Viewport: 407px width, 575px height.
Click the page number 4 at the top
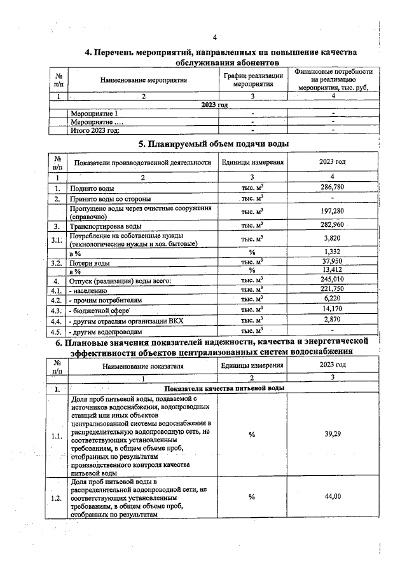215,37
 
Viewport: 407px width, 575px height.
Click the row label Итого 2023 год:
95,130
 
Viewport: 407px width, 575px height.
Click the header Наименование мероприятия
144,81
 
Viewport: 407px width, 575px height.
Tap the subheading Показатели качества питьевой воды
224,388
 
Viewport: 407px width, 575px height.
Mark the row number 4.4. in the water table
57,321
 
